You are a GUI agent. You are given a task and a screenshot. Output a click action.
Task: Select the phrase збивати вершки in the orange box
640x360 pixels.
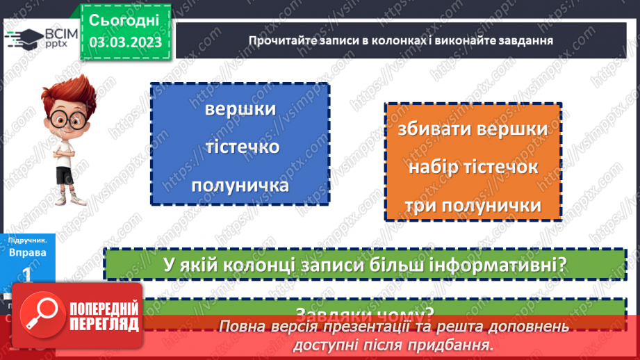(473, 130)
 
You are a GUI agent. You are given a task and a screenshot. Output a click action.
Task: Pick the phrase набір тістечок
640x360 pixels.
(473, 167)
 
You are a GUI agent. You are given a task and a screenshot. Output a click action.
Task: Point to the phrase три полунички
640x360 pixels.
(473, 206)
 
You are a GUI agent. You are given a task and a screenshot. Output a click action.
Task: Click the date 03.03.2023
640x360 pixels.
(126, 42)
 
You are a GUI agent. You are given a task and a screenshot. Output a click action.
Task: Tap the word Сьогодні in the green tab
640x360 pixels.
(126, 19)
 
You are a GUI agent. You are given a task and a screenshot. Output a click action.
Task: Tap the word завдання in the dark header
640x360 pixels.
(527, 40)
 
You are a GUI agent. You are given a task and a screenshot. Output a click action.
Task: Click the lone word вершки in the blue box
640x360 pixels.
(240, 110)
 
